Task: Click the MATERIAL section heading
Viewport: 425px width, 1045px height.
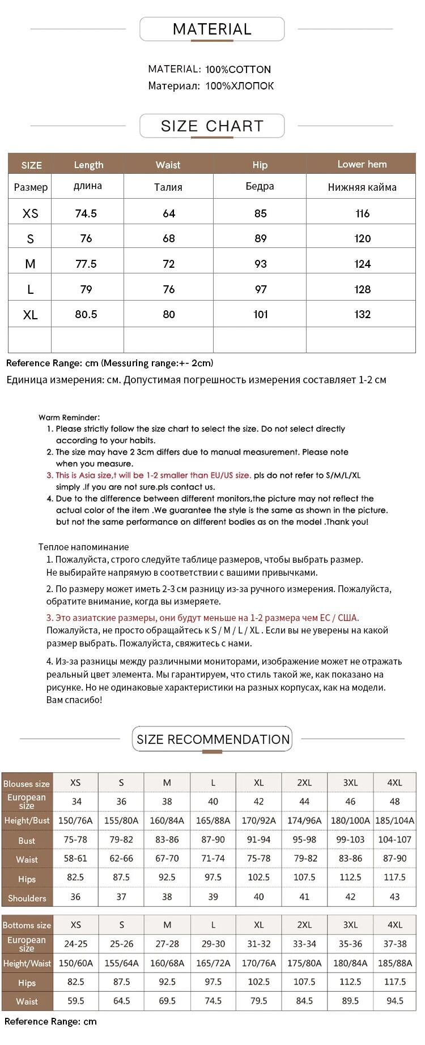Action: (x=212, y=29)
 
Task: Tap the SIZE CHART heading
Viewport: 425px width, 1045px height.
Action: (x=212, y=126)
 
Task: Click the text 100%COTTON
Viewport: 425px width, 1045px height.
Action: (x=238, y=70)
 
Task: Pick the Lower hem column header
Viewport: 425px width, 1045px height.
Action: (x=362, y=164)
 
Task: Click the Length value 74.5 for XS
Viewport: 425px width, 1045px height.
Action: (x=86, y=213)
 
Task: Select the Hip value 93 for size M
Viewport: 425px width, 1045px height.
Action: (x=260, y=264)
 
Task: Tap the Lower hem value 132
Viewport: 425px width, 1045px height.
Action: (x=362, y=314)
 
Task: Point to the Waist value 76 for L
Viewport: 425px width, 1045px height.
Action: (x=169, y=289)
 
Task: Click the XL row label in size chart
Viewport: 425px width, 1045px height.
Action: (x=31, y=315)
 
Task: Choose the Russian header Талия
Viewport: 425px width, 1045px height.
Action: (x=168, y=187)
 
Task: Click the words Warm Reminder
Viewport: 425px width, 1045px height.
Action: (x=69, y=417)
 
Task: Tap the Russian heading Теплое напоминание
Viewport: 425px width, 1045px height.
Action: (x=84, y=547)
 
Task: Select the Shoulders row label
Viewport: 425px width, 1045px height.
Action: (x=27, y=898)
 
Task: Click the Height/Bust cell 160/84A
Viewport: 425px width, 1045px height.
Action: (x=167, y=820)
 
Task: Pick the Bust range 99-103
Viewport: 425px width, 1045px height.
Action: (x=350, y=840)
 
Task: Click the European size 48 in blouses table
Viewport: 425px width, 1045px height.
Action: (x=395, y=801)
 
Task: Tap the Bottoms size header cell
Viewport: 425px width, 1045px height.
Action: (x=27, y=925)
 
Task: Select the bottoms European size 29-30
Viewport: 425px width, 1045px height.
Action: (x=213, y=944)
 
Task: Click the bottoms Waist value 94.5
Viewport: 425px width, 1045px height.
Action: (x=395, y=1001)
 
